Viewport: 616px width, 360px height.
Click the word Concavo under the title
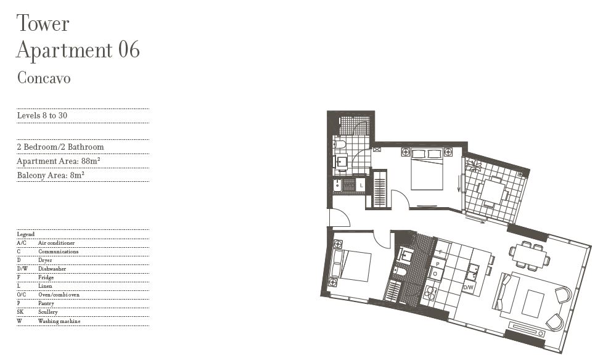(44, 78)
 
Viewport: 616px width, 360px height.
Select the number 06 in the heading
(129, 50)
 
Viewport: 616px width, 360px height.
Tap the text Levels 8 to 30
(42, 115)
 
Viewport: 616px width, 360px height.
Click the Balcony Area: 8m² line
(51, 175)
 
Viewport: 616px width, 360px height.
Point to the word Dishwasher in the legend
(52, 269)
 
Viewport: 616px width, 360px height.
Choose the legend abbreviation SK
(20, 312)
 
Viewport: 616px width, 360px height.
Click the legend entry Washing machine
(59, 321)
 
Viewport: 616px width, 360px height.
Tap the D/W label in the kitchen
(468, 287)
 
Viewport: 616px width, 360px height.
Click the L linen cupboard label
(361, 186)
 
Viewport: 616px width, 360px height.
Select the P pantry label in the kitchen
(438, 264)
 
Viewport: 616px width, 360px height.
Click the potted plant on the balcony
(473, 164)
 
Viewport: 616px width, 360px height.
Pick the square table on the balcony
(493, 191)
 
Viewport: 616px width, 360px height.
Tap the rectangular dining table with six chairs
(530, 255)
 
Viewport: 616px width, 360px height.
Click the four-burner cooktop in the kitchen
(430, 292)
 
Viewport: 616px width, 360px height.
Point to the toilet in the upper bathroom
(339, 144)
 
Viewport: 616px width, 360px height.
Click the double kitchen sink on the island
(472, 272)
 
